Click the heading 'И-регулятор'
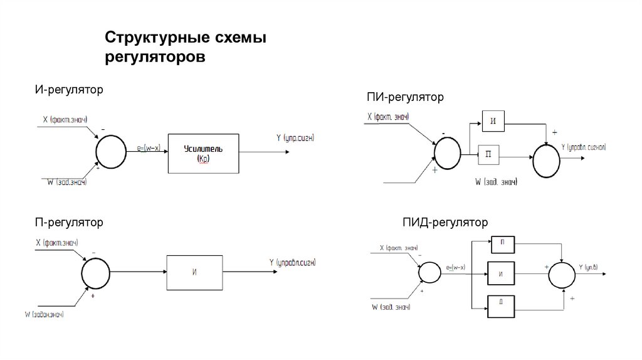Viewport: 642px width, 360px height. [69, 90]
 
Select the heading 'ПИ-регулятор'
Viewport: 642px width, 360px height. [404, 97]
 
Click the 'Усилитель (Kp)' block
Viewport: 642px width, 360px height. [203, 154]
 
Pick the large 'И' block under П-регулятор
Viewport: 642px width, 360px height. [194, 272]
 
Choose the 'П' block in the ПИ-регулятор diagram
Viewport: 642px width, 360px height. [488, 154]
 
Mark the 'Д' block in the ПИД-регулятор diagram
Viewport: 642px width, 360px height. [501, 305]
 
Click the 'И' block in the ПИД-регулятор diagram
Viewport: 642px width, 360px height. [501, 273]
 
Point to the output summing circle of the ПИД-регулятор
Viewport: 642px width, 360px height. [562, 273]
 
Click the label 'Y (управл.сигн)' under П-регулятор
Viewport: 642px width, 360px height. [293, 263]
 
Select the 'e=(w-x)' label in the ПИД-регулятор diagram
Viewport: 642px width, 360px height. [456, 268]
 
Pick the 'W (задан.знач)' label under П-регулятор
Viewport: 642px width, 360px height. [45, 314]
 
